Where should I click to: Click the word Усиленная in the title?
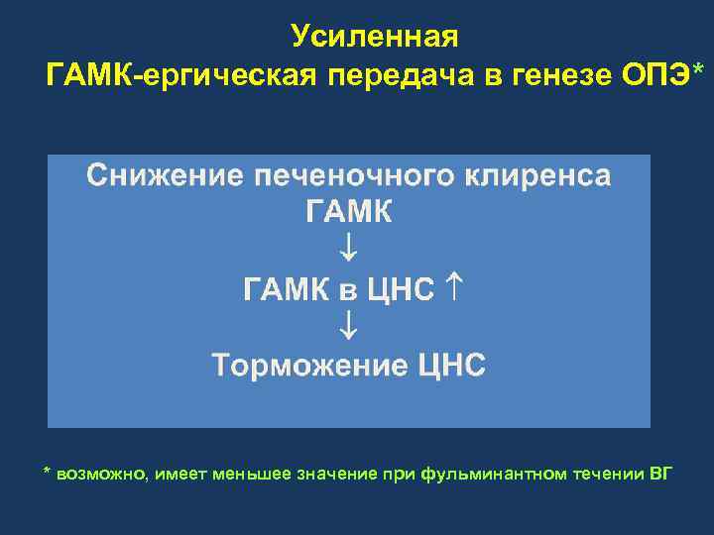tap(375, 38)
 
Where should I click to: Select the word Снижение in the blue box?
tap(166, 175)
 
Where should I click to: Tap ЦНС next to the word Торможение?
tap(451, 365)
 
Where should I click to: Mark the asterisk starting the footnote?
tap(47, 471)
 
